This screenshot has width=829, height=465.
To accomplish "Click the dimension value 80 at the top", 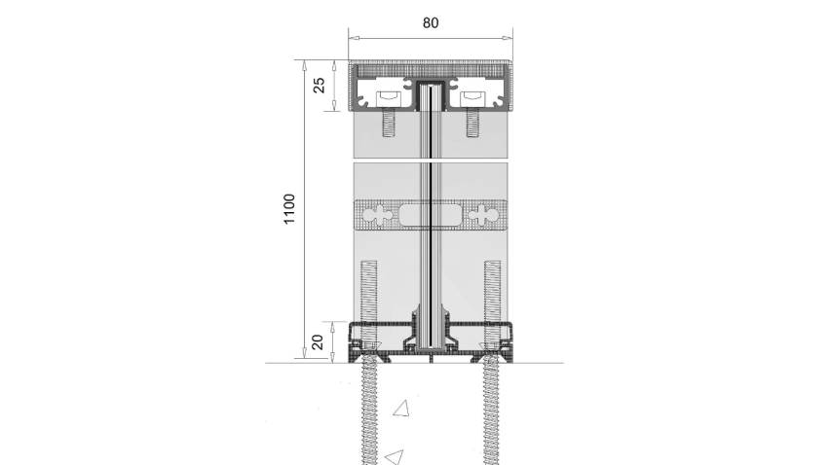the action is click(x=431, y=23).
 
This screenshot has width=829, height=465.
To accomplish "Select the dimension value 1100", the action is click(x=289, y=209).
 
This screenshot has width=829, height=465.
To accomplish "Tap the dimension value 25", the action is click(x=320, y=85).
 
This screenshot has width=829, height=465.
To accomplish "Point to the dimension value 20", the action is click(x=318, y=342).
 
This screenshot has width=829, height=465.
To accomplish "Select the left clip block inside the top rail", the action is click(x=389, y=98).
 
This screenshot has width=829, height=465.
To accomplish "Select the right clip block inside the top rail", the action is click(x=472, y=98).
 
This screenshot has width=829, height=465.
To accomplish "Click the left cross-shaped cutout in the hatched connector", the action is click(x=381, y=215).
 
